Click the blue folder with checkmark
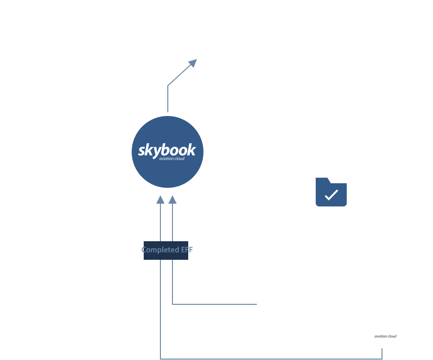click(331, 192)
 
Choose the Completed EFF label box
click(166, 250)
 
